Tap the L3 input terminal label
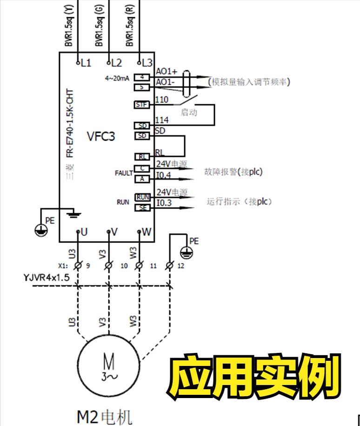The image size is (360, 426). (x=147, y=62)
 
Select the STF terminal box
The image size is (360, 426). (x=141, y=105)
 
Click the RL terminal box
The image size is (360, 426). (x=141, y=157)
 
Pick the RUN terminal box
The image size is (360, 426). (x=142, y=197)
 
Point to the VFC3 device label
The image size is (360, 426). (x=101, y=136)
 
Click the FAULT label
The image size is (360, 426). (x=124, y=173)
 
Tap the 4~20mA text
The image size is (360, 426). (x=117, y=78)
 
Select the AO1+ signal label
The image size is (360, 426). (x=167, y=72)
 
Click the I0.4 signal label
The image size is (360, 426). (x=163, y=176)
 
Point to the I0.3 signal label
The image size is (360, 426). (x=163, y=203)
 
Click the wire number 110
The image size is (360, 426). (x=161, y=100)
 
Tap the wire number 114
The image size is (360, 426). (x=161, y=120)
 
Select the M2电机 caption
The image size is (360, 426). (x=105, y=416)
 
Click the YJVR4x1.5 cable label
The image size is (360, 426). (x=47, y=277)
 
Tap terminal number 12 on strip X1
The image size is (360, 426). (x=181, y=266)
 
